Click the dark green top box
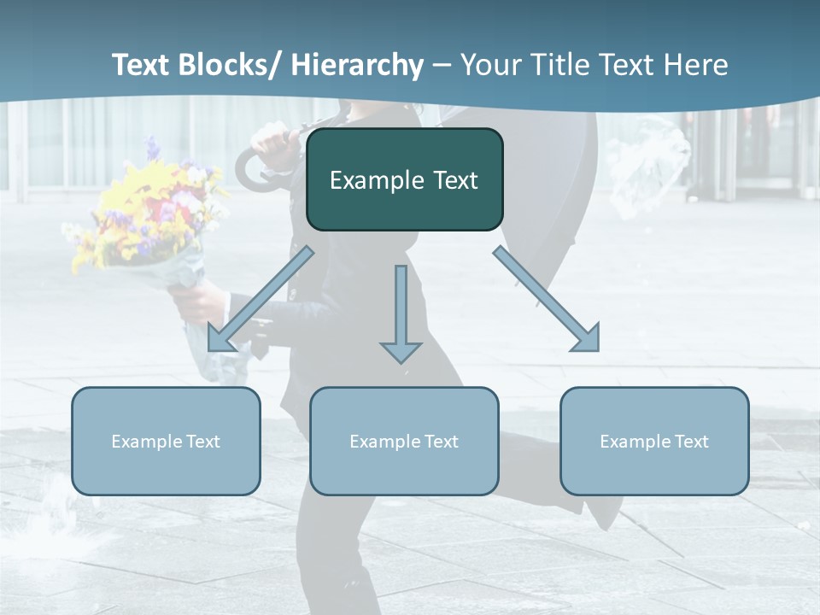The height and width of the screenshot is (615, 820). [404, 179]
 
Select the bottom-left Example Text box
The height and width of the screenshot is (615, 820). [166, 441]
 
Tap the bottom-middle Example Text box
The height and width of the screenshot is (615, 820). [404, 441]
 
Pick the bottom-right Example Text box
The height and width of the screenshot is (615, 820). [654, 441]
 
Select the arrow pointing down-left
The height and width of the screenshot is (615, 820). [261, 299]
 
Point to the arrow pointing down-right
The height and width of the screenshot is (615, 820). [547, 299]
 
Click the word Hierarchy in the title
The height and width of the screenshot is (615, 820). [357, 65]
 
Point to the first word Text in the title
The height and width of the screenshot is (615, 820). [140, 65]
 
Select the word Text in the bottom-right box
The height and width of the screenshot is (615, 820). [691, 442]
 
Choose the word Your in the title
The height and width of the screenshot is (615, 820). [490, 65]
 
